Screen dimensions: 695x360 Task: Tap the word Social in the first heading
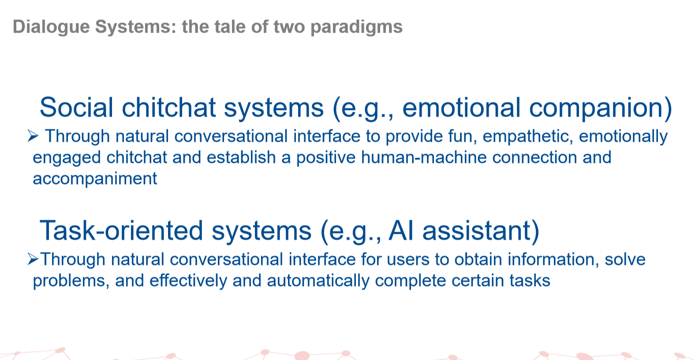(76, 107)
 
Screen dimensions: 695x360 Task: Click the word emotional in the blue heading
(461, 107)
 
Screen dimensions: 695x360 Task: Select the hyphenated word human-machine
(424, 157)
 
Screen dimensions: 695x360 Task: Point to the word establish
(241, 157)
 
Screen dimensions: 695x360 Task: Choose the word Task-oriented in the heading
(121, 231)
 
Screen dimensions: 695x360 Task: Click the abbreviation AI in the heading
(400, 231)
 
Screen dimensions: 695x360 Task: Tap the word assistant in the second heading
(477, 231)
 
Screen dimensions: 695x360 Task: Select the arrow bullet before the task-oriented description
(33, 259)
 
